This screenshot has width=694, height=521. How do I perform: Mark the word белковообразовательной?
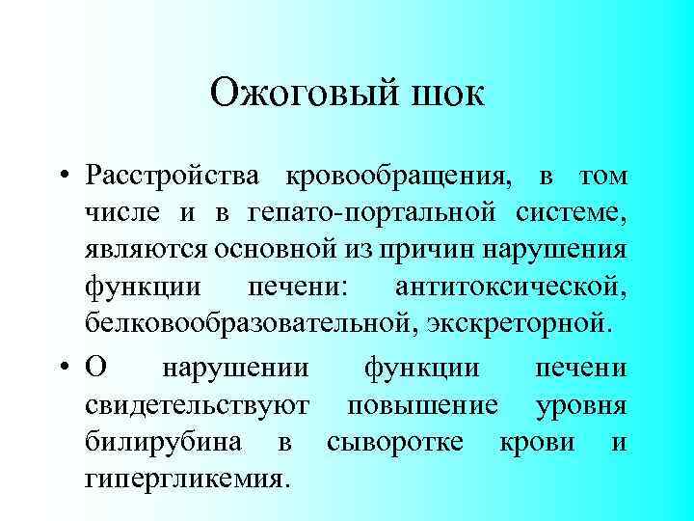246,321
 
